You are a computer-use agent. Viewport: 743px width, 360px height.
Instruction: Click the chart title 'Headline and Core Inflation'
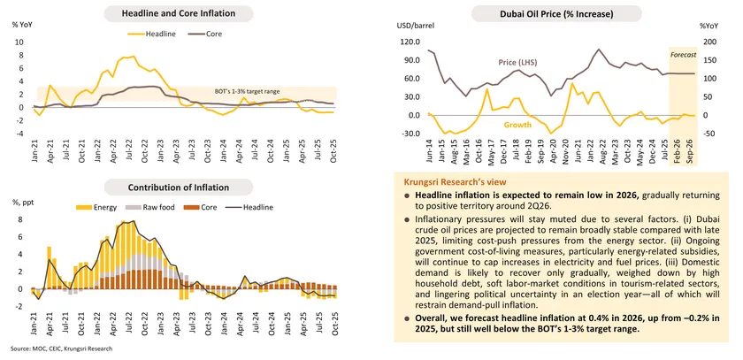click(185, 13)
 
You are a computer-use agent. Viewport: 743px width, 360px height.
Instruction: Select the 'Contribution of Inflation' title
click(185, 187)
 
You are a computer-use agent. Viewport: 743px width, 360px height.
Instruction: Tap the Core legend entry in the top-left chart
click(213, 34)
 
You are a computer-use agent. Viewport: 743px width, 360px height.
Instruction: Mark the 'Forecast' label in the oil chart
click(683, 55)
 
